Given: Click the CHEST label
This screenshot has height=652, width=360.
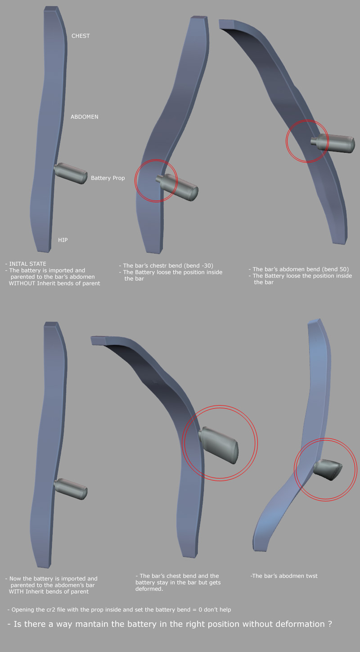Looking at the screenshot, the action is [81, 36].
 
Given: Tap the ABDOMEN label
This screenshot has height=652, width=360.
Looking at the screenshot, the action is [85, 117].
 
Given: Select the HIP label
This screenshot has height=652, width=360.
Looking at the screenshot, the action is [63, 240].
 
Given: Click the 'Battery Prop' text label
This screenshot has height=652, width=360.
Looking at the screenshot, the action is [108, 178].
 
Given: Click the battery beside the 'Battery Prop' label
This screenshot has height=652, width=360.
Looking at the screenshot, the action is [71, 173].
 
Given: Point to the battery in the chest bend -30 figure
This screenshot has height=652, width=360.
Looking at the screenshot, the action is [177, 187].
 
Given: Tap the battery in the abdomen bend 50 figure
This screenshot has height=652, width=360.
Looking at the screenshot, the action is [333, 143].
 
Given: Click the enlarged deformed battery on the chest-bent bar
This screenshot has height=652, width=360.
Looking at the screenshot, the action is [219, 445].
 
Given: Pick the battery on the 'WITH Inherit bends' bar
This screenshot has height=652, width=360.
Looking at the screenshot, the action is [71, 489].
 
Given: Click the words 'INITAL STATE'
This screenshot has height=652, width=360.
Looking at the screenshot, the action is [27, 263].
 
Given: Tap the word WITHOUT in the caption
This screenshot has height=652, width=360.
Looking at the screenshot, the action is [22, 283].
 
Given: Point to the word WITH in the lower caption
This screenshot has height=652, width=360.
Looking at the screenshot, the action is [16, 591].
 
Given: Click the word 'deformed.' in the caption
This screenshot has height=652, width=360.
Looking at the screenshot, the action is [149, 589].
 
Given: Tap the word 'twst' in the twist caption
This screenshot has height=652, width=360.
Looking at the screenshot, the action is [311, 576].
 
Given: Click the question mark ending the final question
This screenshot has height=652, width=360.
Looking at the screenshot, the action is [330, 624].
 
